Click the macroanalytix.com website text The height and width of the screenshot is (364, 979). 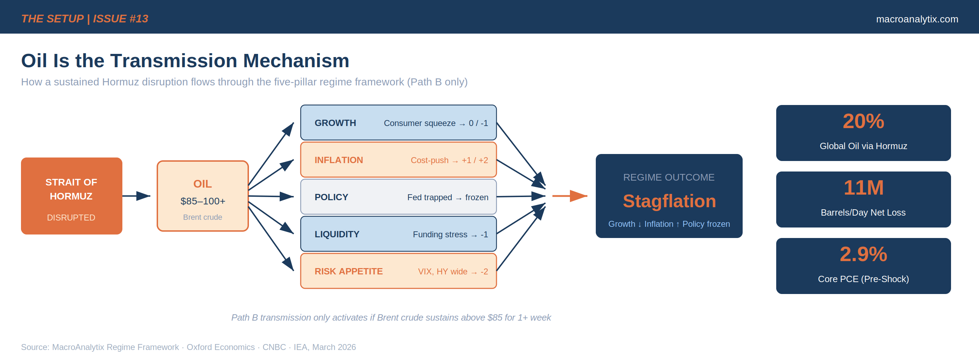917,19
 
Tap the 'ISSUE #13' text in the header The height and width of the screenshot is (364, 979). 121,19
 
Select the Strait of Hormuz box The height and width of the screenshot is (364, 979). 71,196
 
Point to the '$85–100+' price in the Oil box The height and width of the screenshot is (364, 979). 202,201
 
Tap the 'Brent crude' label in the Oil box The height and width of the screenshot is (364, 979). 202,217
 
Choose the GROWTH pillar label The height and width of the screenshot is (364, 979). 335,123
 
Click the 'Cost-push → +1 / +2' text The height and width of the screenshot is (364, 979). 449,160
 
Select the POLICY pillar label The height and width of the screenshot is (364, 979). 331,197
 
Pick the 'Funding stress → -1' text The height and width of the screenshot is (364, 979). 450,234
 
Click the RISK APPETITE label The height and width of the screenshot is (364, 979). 349,271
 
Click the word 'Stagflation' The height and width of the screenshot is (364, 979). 669,201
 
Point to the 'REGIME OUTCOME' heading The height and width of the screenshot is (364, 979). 669,177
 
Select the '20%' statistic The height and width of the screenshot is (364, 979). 863,121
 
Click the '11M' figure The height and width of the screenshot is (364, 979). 863,188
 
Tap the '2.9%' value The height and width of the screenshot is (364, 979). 863,254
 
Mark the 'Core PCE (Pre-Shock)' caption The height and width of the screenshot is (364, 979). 863,279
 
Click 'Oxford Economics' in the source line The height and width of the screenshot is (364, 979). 220,347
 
